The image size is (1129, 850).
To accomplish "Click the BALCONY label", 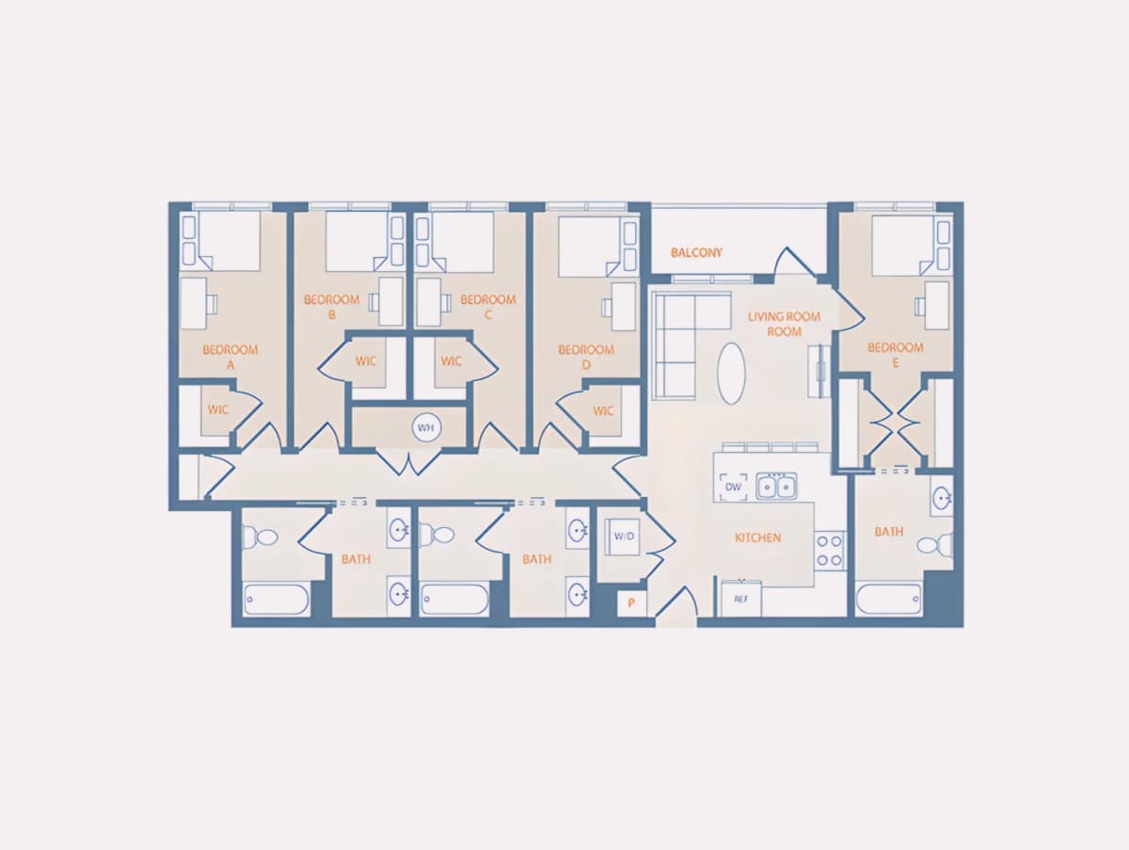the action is pyautogui.click(x=696, y=252).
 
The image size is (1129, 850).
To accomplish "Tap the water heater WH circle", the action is pyautogui.click(x=426, y=427).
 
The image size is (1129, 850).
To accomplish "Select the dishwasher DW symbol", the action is pyautogui.click(x=733, y=487).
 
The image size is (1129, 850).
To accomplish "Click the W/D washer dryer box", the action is pyautogui.click(x=624, y=537).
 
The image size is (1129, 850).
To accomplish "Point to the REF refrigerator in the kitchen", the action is pyautogui.click(x=741, y=599).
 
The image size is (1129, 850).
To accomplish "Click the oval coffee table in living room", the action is pyautogui.click(x=731, y=374).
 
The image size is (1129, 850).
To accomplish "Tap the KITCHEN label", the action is pyautogui.click(x=757, y=537).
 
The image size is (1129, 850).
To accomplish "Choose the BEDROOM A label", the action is pyautogui.click(x=230, y=357).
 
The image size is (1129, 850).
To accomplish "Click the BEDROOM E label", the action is pyautogui.click(x=895, y=355).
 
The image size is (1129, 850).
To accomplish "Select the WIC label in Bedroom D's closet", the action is pyautogui.click(x=603, y=411).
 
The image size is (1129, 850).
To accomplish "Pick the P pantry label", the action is pyautogui.click(x=631, y=602).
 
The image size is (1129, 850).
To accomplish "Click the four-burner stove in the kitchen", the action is pyautogui.click(x=829, y=551).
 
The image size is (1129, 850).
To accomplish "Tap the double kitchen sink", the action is pyautogui.click(x=776, y=487).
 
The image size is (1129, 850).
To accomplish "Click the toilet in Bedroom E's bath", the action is pyautogui.click(x=934, y=544).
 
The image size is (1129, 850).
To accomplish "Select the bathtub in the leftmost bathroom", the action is pyautogui.click(x=277, y=600).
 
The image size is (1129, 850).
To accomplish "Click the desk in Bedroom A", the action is pyautogui.click(x=194, y=303).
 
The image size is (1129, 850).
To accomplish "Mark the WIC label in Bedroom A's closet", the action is pyautogui.click(x=218, y=410).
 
